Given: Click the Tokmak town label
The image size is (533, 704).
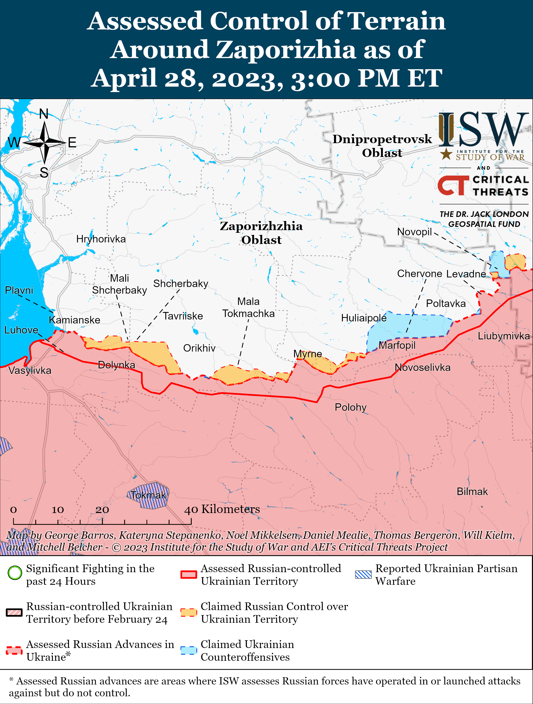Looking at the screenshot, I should [148, 495].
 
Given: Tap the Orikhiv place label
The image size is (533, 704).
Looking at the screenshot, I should [199, 348].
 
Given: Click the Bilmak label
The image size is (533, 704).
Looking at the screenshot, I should [472, 491].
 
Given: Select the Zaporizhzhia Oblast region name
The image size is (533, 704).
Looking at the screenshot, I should [261, 233].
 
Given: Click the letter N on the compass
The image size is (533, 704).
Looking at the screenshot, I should [44, 114].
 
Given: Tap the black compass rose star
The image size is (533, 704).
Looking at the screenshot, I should [45, 143].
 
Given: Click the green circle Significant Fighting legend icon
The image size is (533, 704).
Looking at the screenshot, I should [15, 573].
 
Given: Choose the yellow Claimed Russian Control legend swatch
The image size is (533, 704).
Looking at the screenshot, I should [189, 612].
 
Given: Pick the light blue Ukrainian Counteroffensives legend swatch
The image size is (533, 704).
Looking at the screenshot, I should [189, 650].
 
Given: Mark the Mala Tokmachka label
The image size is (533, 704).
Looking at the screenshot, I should [248, 307].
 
